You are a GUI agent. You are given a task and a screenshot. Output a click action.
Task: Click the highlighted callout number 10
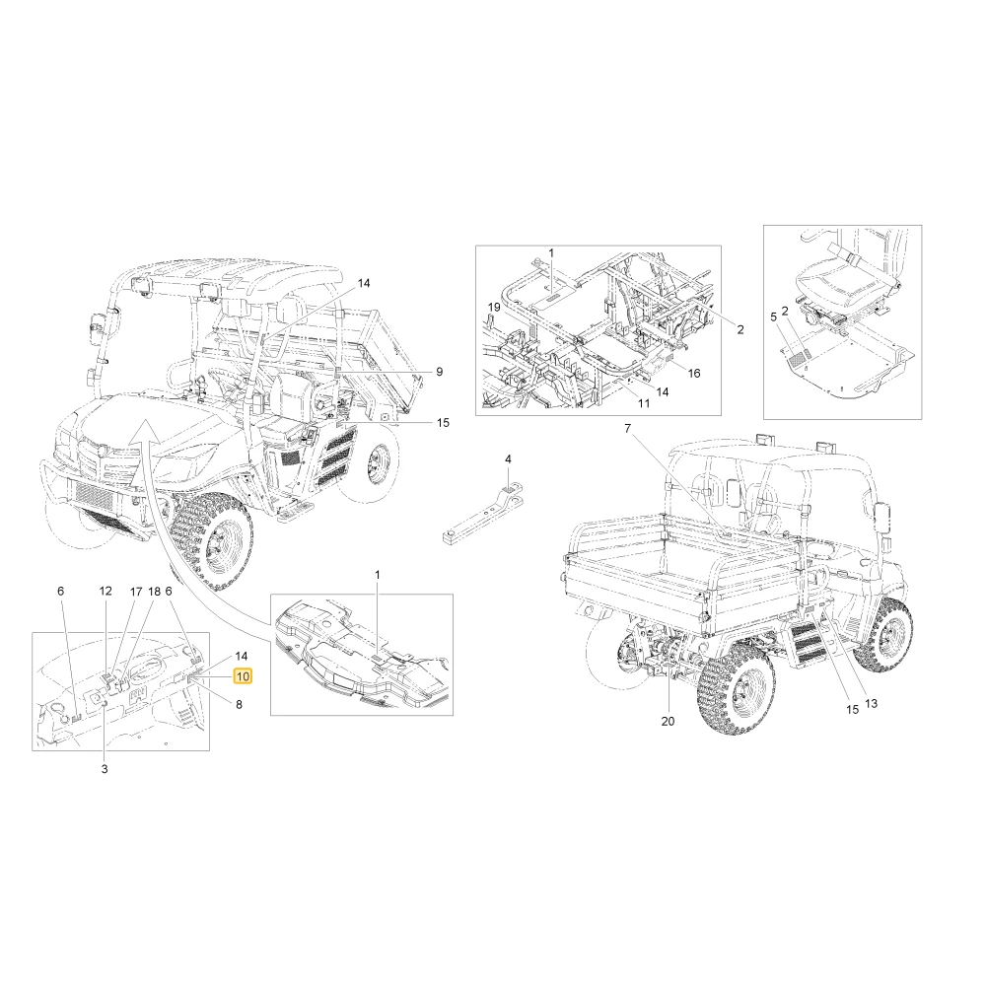(243, 676)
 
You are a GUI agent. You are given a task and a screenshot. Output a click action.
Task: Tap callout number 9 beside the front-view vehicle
(439, 372)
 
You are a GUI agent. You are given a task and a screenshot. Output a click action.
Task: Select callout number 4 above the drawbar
(508, 459)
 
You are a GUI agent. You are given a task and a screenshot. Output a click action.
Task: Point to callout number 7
(627, 429)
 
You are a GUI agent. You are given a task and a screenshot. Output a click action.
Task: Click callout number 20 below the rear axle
(668, 722)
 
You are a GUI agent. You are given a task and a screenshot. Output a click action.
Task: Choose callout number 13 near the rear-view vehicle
(871, 704)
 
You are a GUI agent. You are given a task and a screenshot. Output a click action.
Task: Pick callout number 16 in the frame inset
(693, 374)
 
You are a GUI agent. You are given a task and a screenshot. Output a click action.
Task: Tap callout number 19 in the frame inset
(494, 308)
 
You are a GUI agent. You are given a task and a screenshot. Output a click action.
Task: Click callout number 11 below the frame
(643, 403)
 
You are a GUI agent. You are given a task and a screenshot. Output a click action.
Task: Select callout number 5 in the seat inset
(773, 317)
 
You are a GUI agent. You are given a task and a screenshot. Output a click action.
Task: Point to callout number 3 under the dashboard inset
(105, 769)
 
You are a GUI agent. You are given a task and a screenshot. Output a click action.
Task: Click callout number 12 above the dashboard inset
(106, 591)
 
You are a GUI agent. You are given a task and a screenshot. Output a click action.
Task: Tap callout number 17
(136, 592)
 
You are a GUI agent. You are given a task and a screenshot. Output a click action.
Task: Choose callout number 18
(154, 592)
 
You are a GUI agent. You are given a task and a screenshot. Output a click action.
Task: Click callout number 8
(239, 705)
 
